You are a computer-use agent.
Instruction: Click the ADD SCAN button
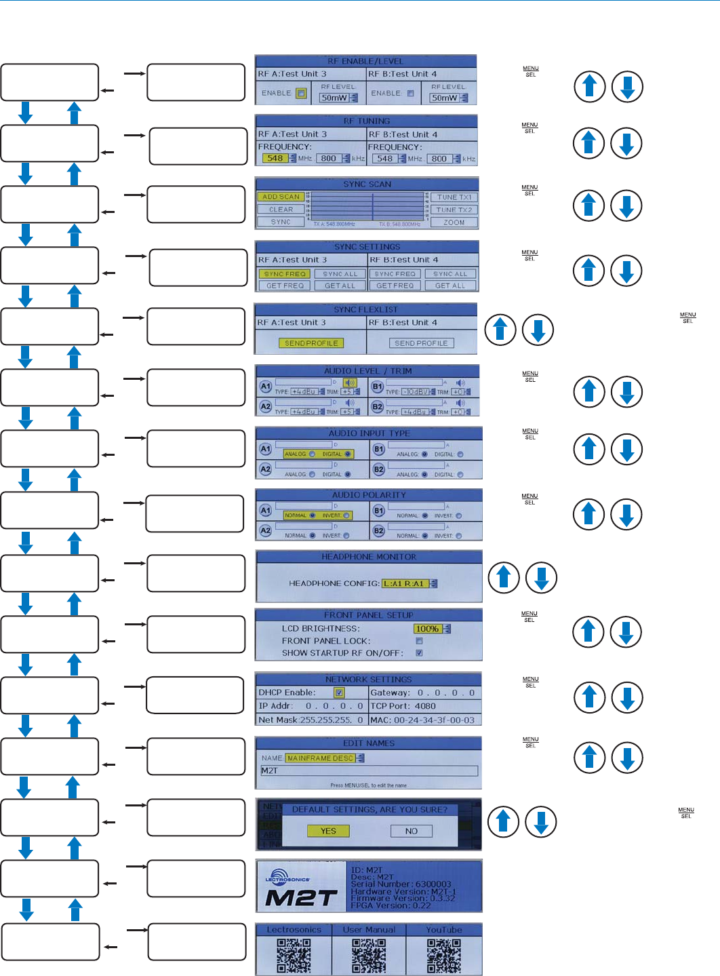[x=281, y=197]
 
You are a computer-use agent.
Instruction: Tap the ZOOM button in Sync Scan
[x=454, y=222]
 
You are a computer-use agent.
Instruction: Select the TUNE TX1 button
[x=454, y=197]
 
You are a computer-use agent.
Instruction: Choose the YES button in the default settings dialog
[x=328, y=831]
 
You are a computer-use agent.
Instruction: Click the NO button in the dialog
[x=412, y=831]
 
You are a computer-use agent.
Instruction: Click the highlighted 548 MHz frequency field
[x=275, y=159]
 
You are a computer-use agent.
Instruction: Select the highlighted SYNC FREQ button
[x=285, y=274]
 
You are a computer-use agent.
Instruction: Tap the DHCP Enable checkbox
[x=339, y=692]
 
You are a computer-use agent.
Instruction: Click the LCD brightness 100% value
[x=428, y=629]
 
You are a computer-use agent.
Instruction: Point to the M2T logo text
[x=301, y=898]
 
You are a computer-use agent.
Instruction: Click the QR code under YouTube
[x=444, y=956]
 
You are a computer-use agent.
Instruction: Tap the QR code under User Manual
[x=369, y=956]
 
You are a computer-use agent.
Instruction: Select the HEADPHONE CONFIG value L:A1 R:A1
[x=405, y=583]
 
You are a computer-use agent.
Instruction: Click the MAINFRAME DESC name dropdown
[x=321, y=758]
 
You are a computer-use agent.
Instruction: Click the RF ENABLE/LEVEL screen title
[x=365, y=61]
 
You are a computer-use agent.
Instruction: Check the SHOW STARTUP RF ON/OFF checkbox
[x=419, y=653]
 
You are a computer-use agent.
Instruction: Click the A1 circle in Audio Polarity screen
[x=266, y=510]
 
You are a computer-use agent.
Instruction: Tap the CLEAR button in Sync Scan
[x=281, y=210]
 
